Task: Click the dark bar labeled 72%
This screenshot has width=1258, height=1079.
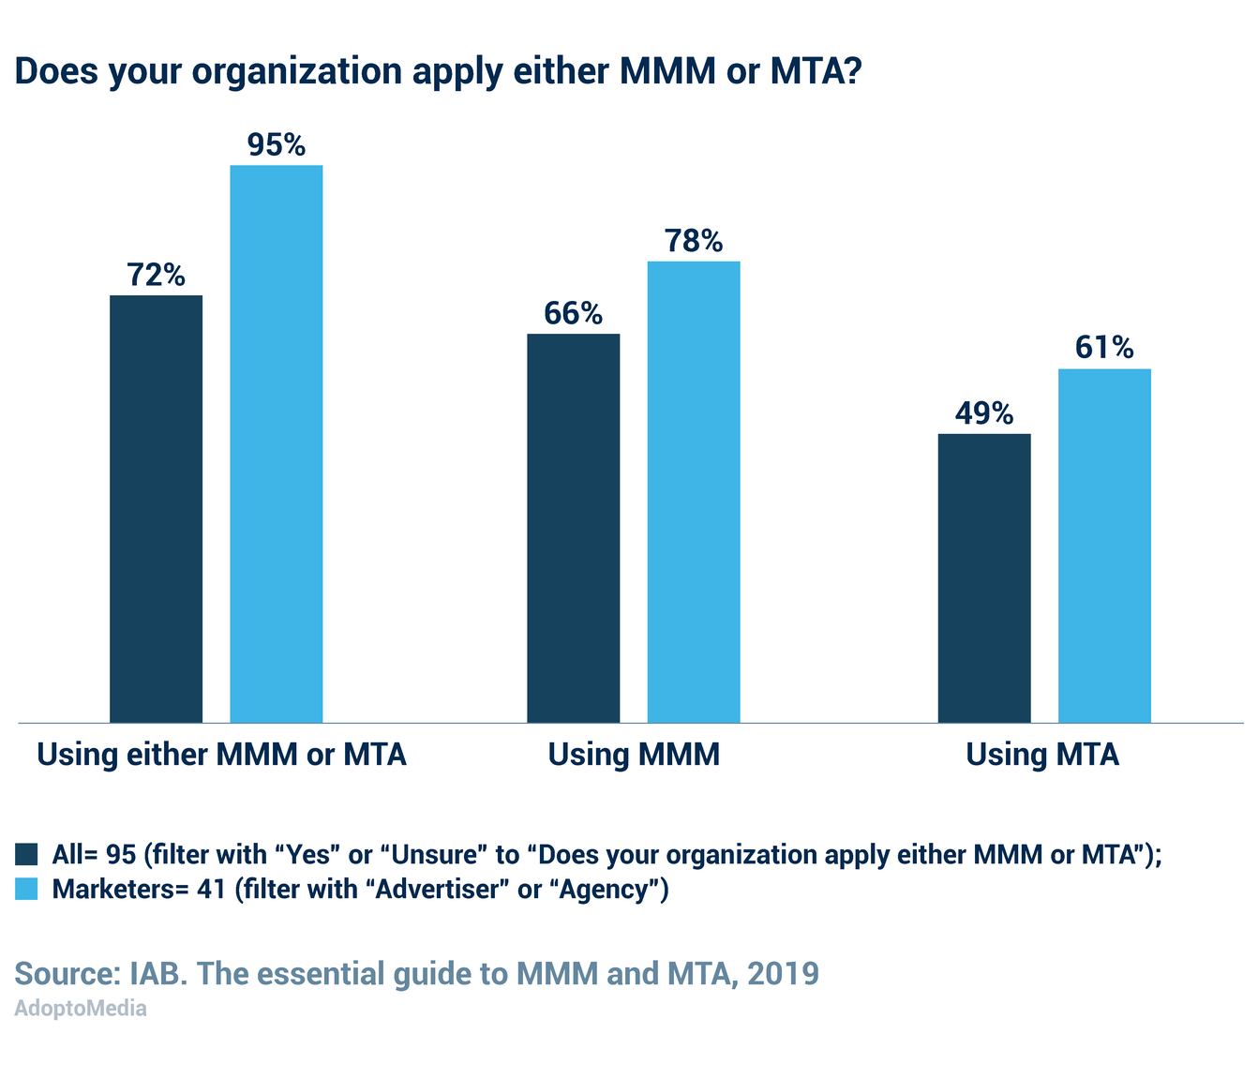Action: (x=156, y=508)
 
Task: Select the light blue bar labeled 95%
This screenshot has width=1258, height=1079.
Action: (x=277, y=443)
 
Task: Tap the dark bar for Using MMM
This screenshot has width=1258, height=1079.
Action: (x=573, y=528)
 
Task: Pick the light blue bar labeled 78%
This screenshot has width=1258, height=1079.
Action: (x=694, y=491)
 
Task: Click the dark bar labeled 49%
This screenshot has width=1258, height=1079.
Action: (x=984, y=577)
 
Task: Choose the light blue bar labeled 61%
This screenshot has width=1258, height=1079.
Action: (x=1104, y=546)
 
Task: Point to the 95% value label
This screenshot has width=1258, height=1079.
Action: (x=277, y=145)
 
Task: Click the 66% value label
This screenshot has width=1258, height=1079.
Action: (x=573, y=313)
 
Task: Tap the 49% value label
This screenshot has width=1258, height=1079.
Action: (x=984, y=413)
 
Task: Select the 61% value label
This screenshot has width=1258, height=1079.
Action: (x=1104, y=349)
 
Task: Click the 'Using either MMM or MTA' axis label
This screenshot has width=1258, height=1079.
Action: (x=221, y=755)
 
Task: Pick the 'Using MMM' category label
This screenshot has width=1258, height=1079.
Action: (x=634, y=755)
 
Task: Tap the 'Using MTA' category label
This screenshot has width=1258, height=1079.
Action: (x=1042, y=755)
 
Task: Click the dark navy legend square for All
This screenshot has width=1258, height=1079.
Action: (x=26, y=855)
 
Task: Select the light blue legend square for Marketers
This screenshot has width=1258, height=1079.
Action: (x=26, y=889)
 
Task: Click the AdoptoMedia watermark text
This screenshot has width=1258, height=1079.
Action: (x=81, y=1009)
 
